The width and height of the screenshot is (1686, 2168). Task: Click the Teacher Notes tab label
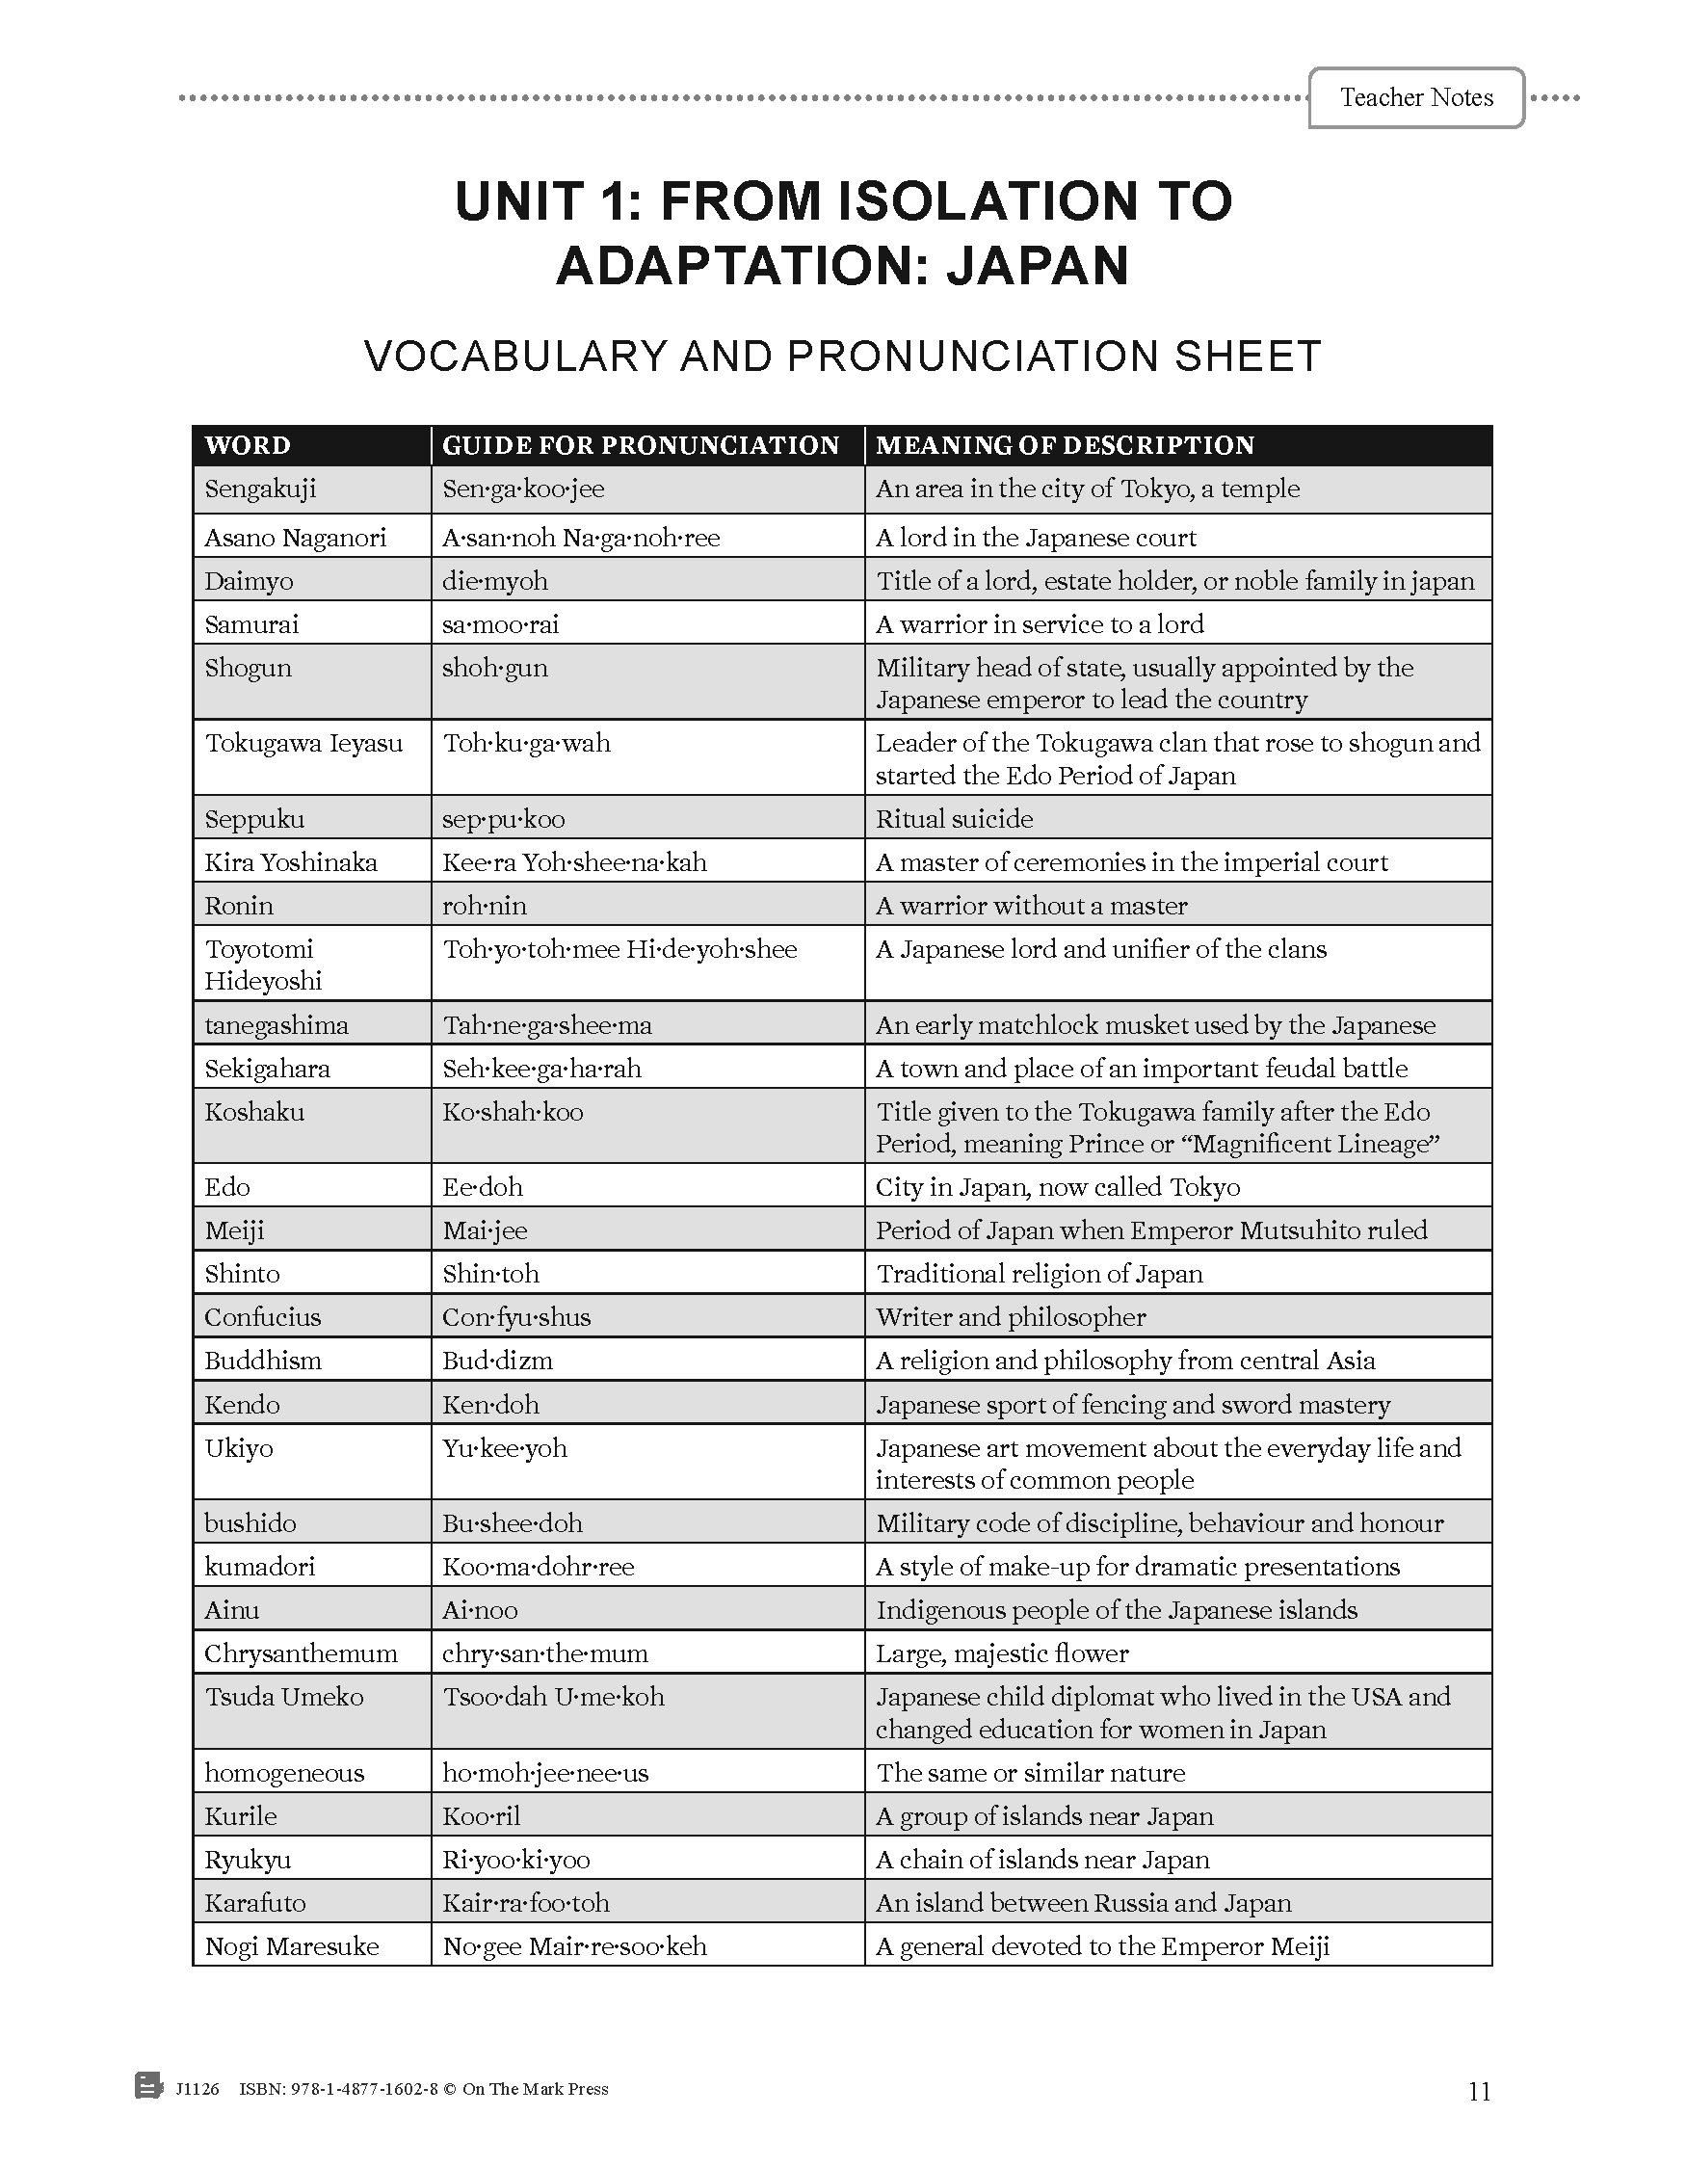click(1415, 97)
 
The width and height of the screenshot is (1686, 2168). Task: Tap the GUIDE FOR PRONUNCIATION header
click(640, 445)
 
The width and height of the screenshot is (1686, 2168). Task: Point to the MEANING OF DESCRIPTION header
click(1064, 445)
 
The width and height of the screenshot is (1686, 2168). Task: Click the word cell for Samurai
click(251, 624)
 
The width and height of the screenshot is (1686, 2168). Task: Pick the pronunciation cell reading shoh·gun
click(494, 668)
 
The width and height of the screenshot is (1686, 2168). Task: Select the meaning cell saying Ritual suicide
click(954, 819)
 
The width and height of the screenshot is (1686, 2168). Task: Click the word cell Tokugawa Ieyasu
click(303, 744)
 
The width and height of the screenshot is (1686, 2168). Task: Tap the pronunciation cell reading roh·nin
click(485, 906)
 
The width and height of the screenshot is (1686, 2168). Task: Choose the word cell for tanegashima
click(276, 1025)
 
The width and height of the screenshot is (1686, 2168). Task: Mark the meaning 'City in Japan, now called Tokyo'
click(1057, 1187)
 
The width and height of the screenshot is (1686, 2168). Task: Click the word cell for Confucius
click(262, 1317)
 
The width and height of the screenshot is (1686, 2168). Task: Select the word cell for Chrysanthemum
click(301, 1653)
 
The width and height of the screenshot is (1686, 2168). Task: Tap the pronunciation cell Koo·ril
click(481, 1816)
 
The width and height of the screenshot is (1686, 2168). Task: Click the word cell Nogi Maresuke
click(292, 1946)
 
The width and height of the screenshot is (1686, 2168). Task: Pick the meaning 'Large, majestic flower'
click(1001, 1653)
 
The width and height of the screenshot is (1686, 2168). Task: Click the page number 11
click(1479, 2092)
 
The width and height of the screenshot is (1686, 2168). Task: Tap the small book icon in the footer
click(147, 2085)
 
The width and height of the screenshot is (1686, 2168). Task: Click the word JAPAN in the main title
click(1037, 266)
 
